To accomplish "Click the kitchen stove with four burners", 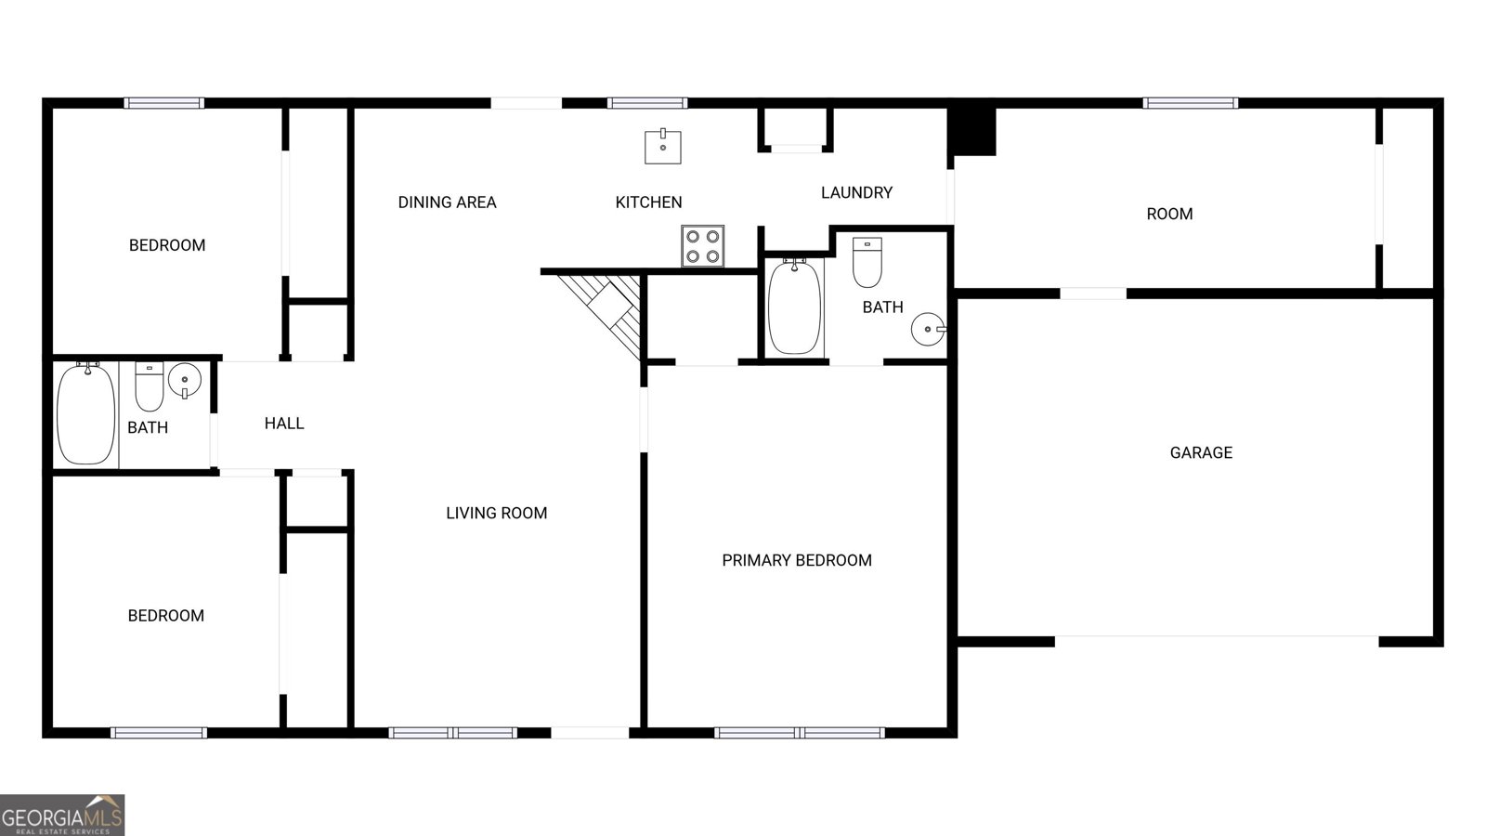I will click(702, 246).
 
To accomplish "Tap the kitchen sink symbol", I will click(663, 147).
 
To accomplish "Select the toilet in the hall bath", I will click(150, 385).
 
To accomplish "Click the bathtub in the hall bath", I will click(86, 414).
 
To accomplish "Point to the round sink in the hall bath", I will click(185, 380).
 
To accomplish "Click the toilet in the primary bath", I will click(867, 263).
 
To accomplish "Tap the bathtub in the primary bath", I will click(795, 307).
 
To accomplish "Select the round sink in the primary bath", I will click(928, 329).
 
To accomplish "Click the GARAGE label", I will click(1201, 452).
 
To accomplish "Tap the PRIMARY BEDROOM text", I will click(797, 560).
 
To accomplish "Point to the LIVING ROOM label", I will click(496, 513).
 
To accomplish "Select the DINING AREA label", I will click(447, 202).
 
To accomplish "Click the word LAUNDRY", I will click(856, 192).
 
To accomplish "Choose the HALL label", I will click(284, 424).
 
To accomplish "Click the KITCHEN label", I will click(648, 202).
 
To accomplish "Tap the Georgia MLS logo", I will click(62, 815).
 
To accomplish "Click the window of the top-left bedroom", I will click(164, 103).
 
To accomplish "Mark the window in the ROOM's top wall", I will click(1190, 103).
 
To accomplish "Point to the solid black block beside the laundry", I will click(971, 131).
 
